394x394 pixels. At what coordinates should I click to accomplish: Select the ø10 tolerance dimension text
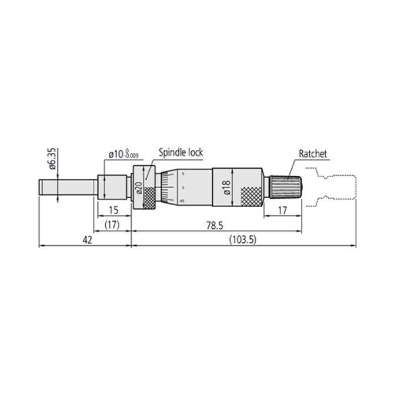[x=123, y=155]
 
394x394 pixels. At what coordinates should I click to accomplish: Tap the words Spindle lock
[x=181, y=152]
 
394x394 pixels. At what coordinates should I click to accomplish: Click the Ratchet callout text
[x=312, y=154]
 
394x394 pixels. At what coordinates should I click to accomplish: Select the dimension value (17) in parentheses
[x=112, y=225]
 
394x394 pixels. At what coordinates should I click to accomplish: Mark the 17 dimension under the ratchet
[x=282, y=210]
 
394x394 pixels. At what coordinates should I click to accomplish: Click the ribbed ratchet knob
[x=286, y=187]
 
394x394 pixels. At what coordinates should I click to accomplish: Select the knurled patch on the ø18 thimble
[x=252, y=196]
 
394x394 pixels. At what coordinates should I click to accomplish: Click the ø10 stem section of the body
[x=113, y=187]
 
